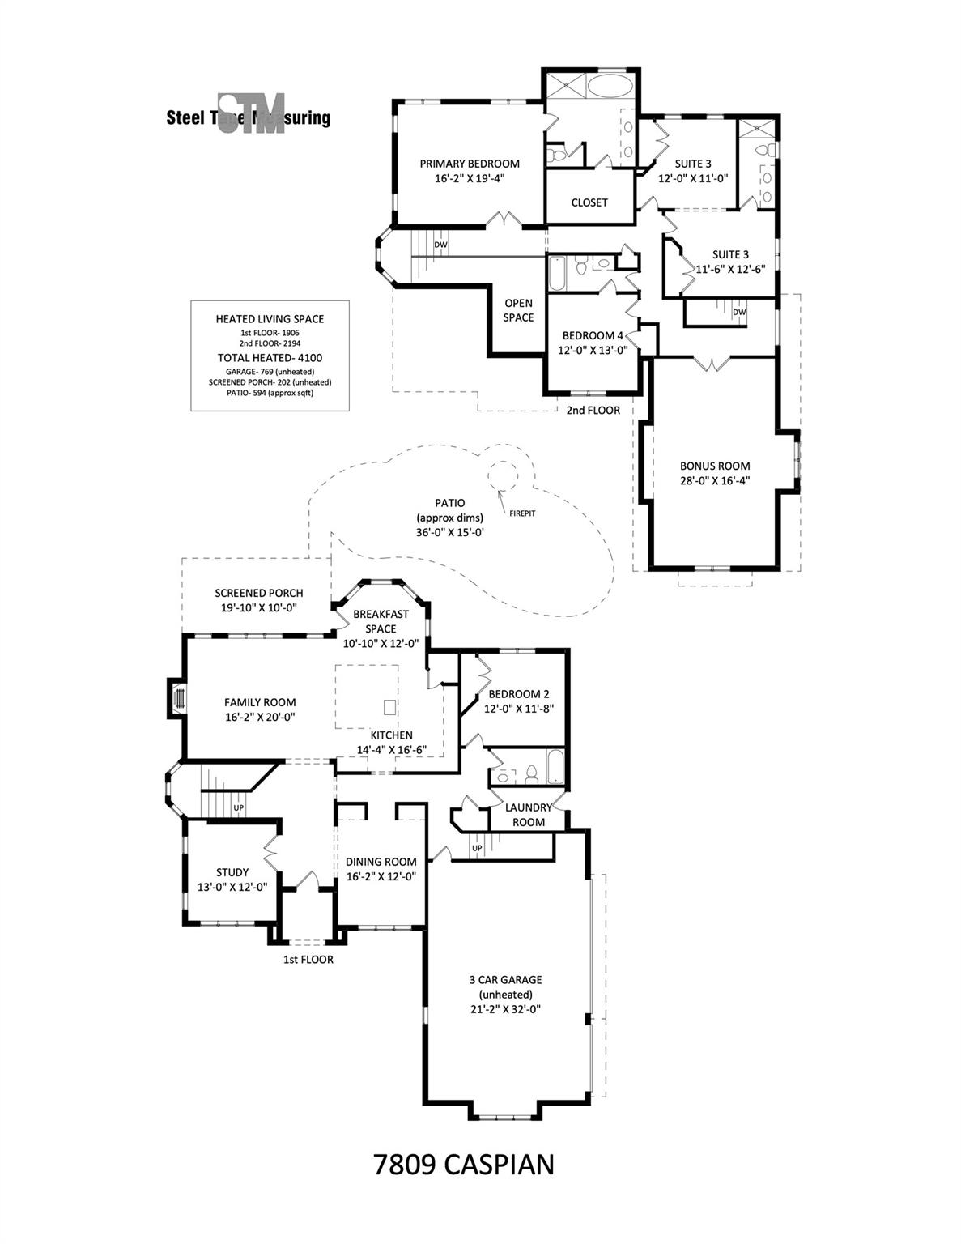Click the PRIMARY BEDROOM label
click(470, 164)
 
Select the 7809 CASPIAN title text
click(464, 1164)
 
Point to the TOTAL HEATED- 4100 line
click(270, 357)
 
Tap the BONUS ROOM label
click(714, 466)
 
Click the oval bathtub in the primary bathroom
click(611, 87)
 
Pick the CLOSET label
click(589, 202)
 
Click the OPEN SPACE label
click(518, 310)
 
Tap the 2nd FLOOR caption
click(593, 410)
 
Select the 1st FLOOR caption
click(308, 960)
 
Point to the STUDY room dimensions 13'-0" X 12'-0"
click(232, 887)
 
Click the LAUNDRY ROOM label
click(525, 814)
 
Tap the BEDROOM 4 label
click(593, 335)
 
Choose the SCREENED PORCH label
click(259, 593)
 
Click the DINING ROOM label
click(381, 862)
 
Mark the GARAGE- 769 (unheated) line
click(270, 371)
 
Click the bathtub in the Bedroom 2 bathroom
click(557, 766)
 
